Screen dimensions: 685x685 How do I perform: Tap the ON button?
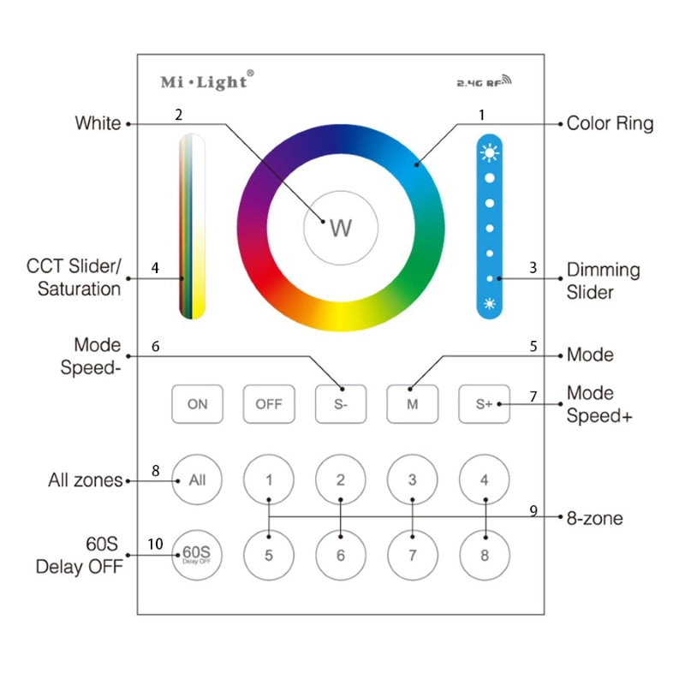click(x=198, y=404)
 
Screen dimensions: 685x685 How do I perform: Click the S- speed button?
click(x=341, y=404)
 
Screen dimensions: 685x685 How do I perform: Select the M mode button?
click(x=413, y=404)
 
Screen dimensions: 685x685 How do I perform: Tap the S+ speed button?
click(x=484, y=404)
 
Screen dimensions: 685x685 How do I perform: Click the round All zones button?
click(x=197, y=479)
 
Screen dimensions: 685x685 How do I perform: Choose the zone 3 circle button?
click(x=413, y=479)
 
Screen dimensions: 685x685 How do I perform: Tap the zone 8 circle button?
click(x=485, y=555)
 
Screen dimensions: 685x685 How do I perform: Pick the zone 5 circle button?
click(x=269, y=555)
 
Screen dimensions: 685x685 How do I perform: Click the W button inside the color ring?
click(x=341, y=228)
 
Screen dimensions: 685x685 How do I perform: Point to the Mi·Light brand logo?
click(x=207, y=80)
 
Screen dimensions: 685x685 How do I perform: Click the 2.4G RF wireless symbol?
click(x=484, y=80)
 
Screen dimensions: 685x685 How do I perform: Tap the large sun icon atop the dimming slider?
click(x=490, y=152)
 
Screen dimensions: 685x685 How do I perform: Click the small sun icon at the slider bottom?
click(x=490, y=304)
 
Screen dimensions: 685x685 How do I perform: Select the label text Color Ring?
click(x=610, y=124)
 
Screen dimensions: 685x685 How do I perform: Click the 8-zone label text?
click(x=594, y=518)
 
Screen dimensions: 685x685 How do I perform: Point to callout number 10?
click(x=155, y=544)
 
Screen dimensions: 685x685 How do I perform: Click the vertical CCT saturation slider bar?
click(x=192, y=226)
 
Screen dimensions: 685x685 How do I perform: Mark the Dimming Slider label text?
click(x=604, y=281)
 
